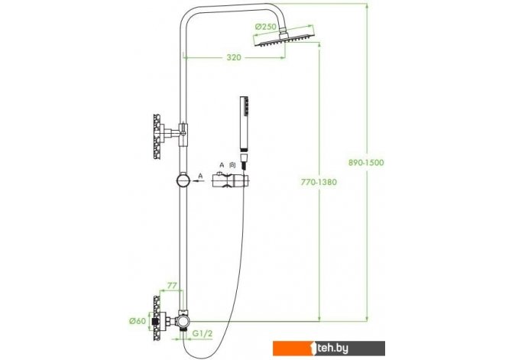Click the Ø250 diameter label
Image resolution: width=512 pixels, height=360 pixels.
[265, 27]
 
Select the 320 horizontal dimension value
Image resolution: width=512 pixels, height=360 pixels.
[234, 57]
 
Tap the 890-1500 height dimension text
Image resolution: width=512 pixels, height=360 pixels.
[366, 162]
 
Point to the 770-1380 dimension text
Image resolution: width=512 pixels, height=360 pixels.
[319, 182]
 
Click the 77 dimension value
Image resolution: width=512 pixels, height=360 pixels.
[172, 286]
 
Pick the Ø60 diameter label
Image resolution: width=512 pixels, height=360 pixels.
[137, 321]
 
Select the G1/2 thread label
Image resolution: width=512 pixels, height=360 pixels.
[203, 333]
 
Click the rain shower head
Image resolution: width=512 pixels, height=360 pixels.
[284, 38]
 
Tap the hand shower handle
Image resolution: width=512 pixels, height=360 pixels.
[244, 124]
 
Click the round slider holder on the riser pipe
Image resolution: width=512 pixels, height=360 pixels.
[183, 180]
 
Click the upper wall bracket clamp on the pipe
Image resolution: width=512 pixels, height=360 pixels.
[183, 134]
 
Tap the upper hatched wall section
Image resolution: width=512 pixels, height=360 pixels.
[157, 137]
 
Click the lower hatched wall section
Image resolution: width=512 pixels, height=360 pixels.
[157, 318]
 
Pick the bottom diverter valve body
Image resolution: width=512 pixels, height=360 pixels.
[182, 321]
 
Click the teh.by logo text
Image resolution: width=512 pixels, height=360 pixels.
[333, 349]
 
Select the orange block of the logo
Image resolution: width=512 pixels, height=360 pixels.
[293, 349]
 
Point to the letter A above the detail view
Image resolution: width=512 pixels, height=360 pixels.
[222, 165]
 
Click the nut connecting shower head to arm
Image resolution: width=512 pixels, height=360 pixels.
[283, 31]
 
